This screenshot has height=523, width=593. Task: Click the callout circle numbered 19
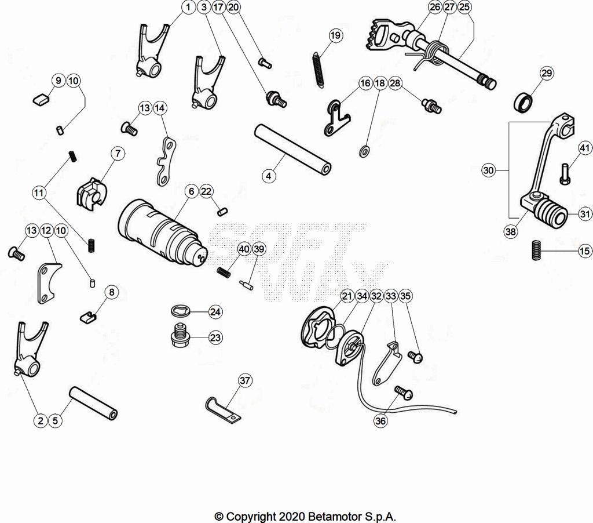pos(335,35)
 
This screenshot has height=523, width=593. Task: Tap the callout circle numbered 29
pos(547,73)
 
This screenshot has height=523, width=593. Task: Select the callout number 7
pos(118,154)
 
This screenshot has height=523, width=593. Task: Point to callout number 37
pos(245,380)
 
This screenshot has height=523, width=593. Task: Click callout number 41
pos(585,148)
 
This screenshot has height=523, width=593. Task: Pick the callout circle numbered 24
pos(215,312)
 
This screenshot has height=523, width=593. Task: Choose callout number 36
pos(380,421)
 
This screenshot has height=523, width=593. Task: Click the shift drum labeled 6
pos(163,232)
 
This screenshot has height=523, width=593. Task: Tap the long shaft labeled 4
pos(292,150)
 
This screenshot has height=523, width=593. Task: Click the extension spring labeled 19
pos(318,70)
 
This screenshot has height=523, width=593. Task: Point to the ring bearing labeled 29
pos(524,102)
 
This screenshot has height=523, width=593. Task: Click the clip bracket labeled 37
pos(223,410)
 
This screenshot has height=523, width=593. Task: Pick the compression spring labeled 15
pos(536,250)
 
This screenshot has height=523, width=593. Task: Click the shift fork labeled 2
pos(30,349)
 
